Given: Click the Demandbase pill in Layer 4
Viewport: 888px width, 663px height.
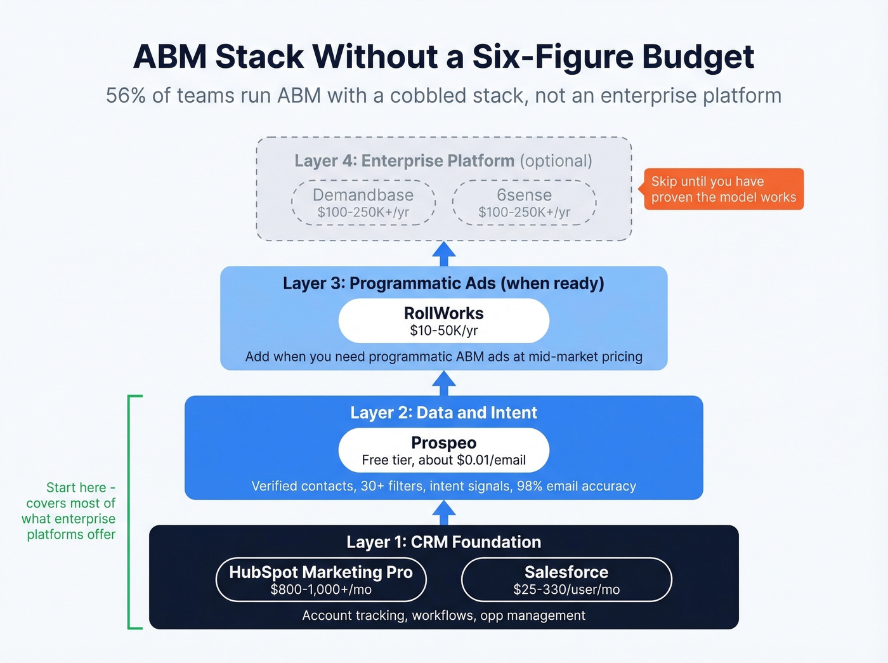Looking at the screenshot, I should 363,202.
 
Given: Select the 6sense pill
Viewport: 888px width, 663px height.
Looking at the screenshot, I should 524,202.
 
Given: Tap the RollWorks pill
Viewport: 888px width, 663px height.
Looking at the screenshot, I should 443,321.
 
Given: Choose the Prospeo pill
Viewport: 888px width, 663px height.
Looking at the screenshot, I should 443,450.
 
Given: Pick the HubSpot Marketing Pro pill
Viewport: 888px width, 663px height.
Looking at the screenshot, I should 321,579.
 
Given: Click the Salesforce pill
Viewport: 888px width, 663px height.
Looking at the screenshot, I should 566,579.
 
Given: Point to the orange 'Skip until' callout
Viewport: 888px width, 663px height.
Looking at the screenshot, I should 723,189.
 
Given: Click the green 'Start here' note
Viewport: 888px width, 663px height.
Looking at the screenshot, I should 70,511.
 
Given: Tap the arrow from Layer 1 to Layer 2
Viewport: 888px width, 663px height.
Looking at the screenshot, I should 444,513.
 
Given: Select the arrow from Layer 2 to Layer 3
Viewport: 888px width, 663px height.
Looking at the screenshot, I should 444,383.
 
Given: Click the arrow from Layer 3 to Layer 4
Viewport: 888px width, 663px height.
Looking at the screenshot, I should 444,254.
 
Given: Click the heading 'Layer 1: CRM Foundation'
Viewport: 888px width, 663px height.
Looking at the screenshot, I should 443,542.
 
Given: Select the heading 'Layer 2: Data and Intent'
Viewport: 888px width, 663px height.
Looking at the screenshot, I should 443,412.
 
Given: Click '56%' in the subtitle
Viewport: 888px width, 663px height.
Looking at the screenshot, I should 126,95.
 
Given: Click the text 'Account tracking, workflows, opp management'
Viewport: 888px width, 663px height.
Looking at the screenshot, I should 443,615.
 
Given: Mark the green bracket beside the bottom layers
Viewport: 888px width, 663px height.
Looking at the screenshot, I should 130,512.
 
